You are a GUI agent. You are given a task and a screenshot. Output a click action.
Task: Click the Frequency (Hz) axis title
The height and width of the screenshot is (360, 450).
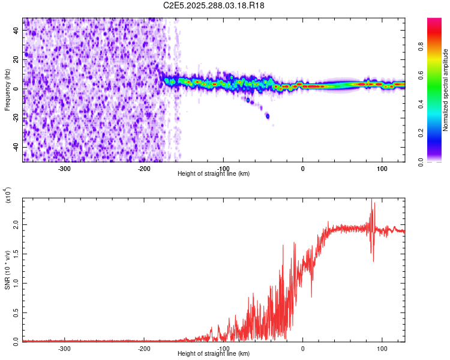point(7,90)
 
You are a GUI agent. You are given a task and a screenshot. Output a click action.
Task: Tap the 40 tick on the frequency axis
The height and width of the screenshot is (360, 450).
point(16,31)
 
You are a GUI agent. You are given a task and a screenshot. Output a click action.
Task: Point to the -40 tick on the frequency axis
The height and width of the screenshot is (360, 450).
point(14,148)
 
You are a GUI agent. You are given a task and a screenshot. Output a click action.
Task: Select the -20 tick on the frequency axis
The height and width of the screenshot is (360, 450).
point(14,118)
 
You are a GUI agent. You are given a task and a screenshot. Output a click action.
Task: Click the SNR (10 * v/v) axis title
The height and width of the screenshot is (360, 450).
point(7,270)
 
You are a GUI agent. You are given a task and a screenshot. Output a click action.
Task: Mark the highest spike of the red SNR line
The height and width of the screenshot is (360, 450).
point(371,199)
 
